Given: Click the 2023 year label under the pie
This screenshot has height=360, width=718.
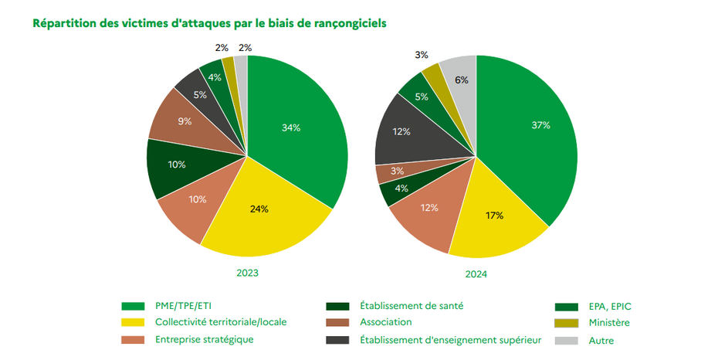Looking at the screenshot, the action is coord(247,273).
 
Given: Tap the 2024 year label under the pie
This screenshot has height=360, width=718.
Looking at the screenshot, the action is coord(476,274).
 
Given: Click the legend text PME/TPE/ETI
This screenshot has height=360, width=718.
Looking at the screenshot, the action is coord(183,306).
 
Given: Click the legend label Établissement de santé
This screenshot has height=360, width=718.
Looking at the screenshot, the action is coord(411,305).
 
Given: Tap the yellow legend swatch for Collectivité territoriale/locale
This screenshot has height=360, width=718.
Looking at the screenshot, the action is coord(133,322).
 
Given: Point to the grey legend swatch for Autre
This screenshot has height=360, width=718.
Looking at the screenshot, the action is coord(566,341).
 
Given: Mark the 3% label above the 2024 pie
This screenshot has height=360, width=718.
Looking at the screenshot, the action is coord(422,55).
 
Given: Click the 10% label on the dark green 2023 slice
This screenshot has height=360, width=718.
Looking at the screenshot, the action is coord(177,165).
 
